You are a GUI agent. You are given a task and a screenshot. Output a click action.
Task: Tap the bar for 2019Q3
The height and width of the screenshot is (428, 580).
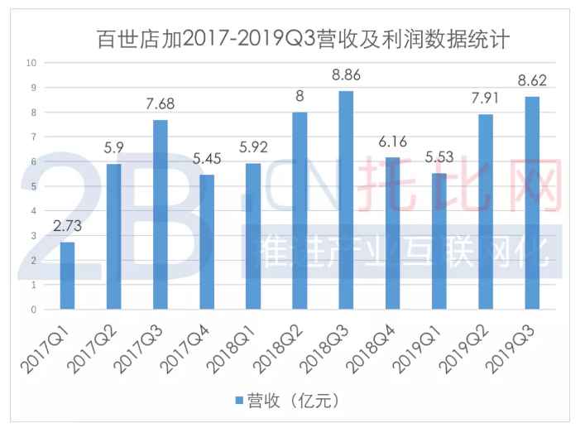pos(531,204)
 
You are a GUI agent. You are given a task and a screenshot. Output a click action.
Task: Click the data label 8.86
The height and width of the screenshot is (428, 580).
pos(346,76)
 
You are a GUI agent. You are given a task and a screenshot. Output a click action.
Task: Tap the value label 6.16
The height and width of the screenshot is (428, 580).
pos(392,142)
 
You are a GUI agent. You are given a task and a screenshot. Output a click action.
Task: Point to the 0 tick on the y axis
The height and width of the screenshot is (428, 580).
pos(32,310)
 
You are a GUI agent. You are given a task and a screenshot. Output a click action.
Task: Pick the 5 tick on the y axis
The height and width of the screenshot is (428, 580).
pos(32,186)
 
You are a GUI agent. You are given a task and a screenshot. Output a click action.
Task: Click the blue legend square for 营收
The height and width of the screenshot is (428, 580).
pos(238,401)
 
